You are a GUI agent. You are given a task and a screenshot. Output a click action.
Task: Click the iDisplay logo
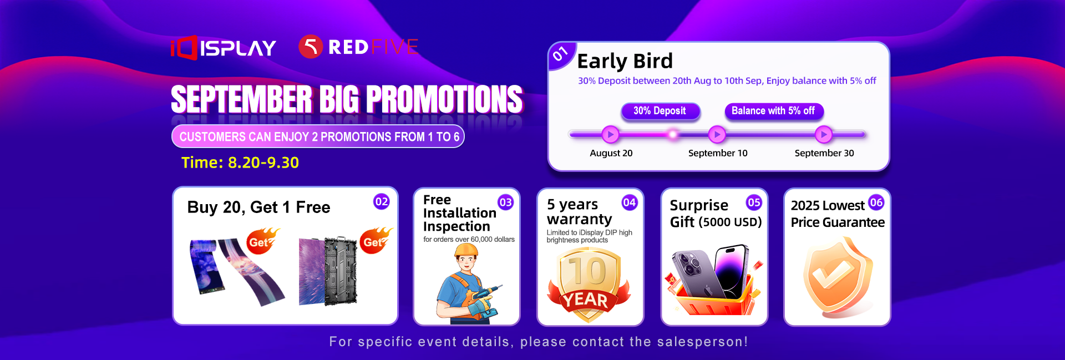coord(223,48)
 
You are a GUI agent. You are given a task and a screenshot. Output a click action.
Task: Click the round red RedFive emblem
coord(311,47)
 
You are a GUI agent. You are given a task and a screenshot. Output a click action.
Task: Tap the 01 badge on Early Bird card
coord(560,54)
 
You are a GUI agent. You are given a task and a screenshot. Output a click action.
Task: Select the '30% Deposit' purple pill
coord(660,111)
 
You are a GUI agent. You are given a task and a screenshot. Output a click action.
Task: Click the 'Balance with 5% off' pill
coord(773,111)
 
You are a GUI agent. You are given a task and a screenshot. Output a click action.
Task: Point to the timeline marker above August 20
coord(610,134)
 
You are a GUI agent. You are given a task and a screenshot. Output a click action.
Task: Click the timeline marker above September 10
coord(717,134)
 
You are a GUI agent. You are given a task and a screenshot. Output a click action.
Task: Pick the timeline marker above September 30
coord(824,134)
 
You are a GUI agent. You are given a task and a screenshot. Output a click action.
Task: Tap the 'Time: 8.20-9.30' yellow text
coord(240,163)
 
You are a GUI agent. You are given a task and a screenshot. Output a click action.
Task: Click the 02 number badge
coord(382,202)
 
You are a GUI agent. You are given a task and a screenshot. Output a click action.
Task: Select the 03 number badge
coord(505,202)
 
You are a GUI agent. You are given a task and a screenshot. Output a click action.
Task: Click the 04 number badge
coord(629,202)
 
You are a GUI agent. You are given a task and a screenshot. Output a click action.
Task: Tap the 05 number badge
coord(754,202)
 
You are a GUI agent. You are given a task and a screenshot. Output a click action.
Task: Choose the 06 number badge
coord(876,202)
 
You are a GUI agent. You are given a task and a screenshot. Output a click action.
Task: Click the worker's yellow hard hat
coord(466,251)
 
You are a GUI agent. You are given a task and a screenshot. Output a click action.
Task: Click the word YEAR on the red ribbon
coord(587,300)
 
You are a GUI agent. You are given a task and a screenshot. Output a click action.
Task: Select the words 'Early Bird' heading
coord(625,61)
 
